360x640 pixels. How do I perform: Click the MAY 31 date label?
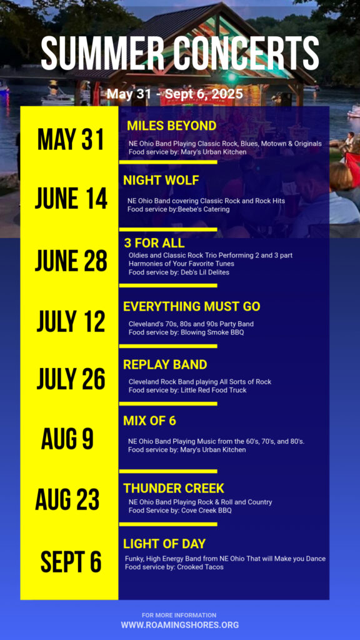pos(71,140)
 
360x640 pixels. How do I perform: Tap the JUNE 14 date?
pos(71,199)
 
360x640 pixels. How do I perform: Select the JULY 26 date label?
pos(71,379)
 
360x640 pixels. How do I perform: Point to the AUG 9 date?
pos(67,439)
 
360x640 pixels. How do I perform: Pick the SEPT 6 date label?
pos(71,562)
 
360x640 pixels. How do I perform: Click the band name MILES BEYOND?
pos(172,126)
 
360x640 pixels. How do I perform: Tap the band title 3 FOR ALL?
pos(154,243)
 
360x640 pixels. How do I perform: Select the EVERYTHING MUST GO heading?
pos(192,306)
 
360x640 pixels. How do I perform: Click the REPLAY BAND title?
pos(165,364)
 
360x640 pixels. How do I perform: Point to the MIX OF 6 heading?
pos(150,421)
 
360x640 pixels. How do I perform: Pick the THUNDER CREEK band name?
pos(174,488)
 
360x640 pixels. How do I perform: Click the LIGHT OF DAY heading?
pos(164,544)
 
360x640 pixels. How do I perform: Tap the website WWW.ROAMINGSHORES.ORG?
pos(180,625)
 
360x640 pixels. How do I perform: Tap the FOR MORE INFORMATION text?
pos(179,615)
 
